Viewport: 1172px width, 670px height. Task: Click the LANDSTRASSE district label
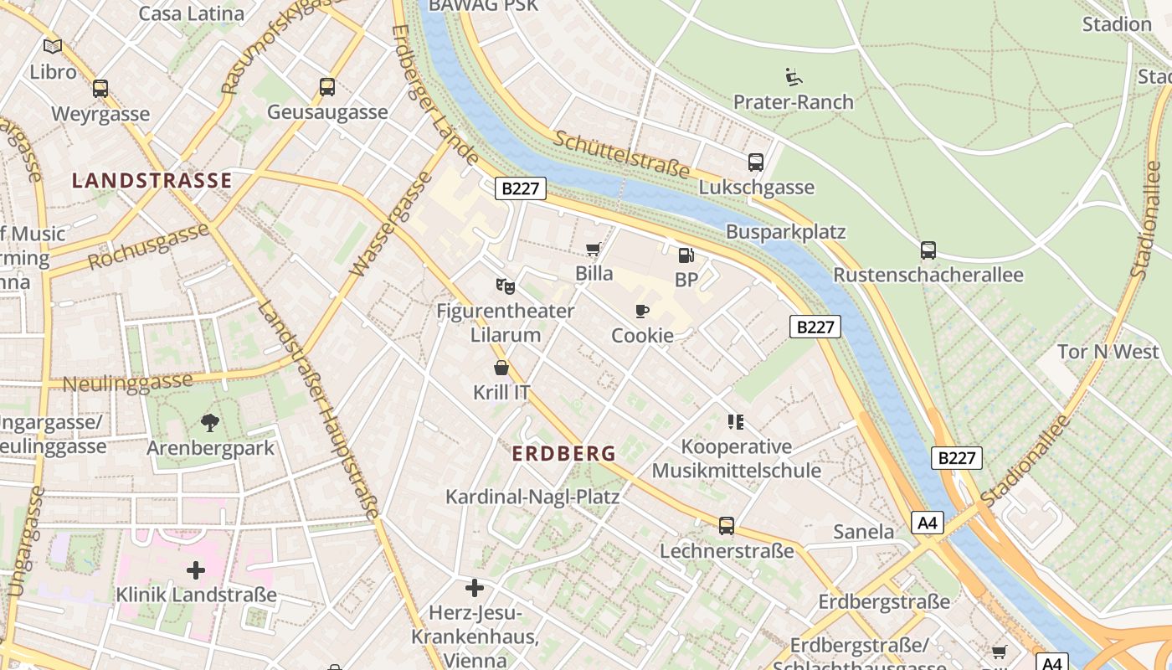pyautogui.click(x=152, y=180)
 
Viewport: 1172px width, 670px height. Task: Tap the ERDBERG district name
pyautogui.click(x=563, y=454)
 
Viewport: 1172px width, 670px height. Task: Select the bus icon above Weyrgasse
pyautogui.click(x=100, y=88)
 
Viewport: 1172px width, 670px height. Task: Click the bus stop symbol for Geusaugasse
pyautogui.click(x=327, y=86)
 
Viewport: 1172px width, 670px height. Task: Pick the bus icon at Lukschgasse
pyautogui.click(x=756, y=162)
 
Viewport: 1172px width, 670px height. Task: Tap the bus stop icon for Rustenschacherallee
pyautogui.click(x=928, y=250)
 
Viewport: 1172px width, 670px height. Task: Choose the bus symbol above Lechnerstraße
pyautogui.click(x=727, y=525)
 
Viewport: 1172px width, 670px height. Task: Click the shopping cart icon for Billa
pyautogui.click(x=594, y=248)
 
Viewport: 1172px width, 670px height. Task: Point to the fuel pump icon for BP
pyautogui.click(x=686, y=255)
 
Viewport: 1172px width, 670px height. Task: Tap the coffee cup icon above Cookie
pyautogui.click(x=642, y=311)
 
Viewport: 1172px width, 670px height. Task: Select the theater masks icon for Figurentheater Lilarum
pyautogui.click(x=505, y=286)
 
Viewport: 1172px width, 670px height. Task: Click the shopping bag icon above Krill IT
pyautogui.click(x=501, y=367)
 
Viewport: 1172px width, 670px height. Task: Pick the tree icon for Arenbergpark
pyautogui.click(x=210, y=422)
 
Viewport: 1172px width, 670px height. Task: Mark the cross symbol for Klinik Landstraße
pyautogui.click(x=196, y=570)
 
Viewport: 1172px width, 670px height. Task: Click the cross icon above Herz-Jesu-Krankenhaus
pyautogui.click(x=475, y=588)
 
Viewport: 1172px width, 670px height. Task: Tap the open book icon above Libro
pyautogui.click(x=53, y=46)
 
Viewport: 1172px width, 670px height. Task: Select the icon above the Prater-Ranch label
pyautogui.click(x=794, y=77)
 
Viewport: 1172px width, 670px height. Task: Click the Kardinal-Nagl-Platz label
pyautogui.click(x=532, y=497)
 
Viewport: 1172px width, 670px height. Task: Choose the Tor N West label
pyautogui.click(x=1108, y=351)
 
